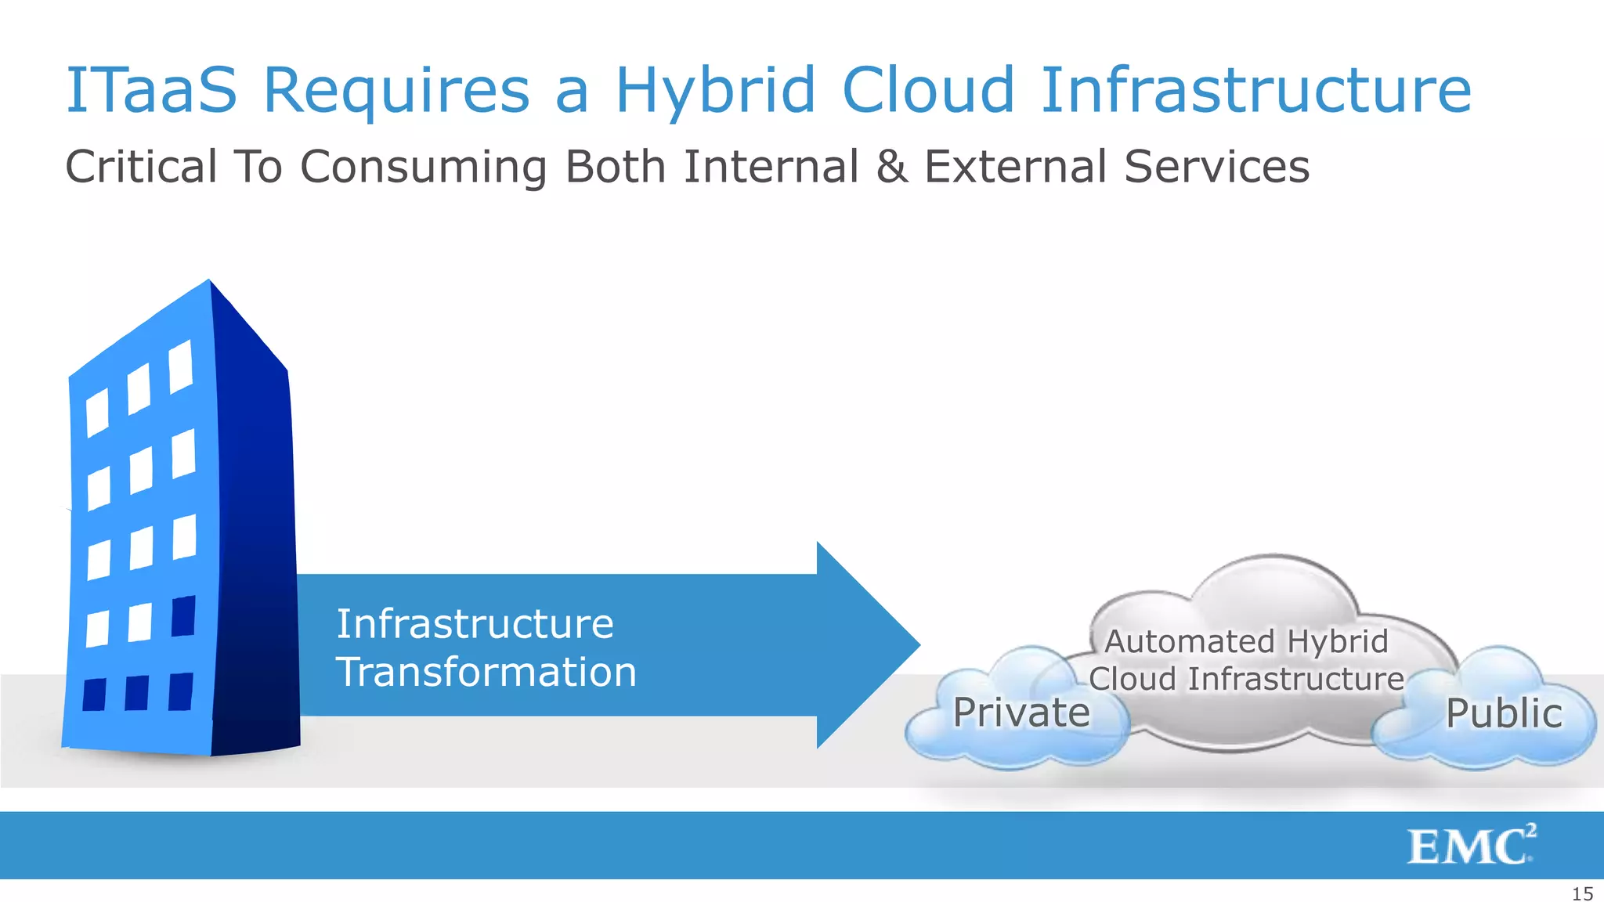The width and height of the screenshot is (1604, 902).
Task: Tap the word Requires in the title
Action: [396, 91]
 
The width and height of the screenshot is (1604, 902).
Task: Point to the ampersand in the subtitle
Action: [892, 167]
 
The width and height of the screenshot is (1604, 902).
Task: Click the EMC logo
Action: [1471, 846]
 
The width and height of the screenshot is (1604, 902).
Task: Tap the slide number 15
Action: [1582, 893]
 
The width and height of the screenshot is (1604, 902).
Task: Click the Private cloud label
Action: [1021, 713]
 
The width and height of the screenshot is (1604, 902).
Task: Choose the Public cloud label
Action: [1503, 713]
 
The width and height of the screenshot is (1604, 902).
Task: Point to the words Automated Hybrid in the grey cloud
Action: [1245, 641]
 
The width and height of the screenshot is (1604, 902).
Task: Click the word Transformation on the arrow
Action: [486, 673]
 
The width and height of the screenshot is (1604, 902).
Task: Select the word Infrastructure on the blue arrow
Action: [475, 624]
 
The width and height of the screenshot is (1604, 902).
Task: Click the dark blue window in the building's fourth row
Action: [183, 616]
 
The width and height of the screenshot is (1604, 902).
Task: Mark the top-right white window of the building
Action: [181, 366]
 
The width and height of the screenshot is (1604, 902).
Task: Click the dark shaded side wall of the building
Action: [255, 548]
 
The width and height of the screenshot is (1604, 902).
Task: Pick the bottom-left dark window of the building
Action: [95, 695]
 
